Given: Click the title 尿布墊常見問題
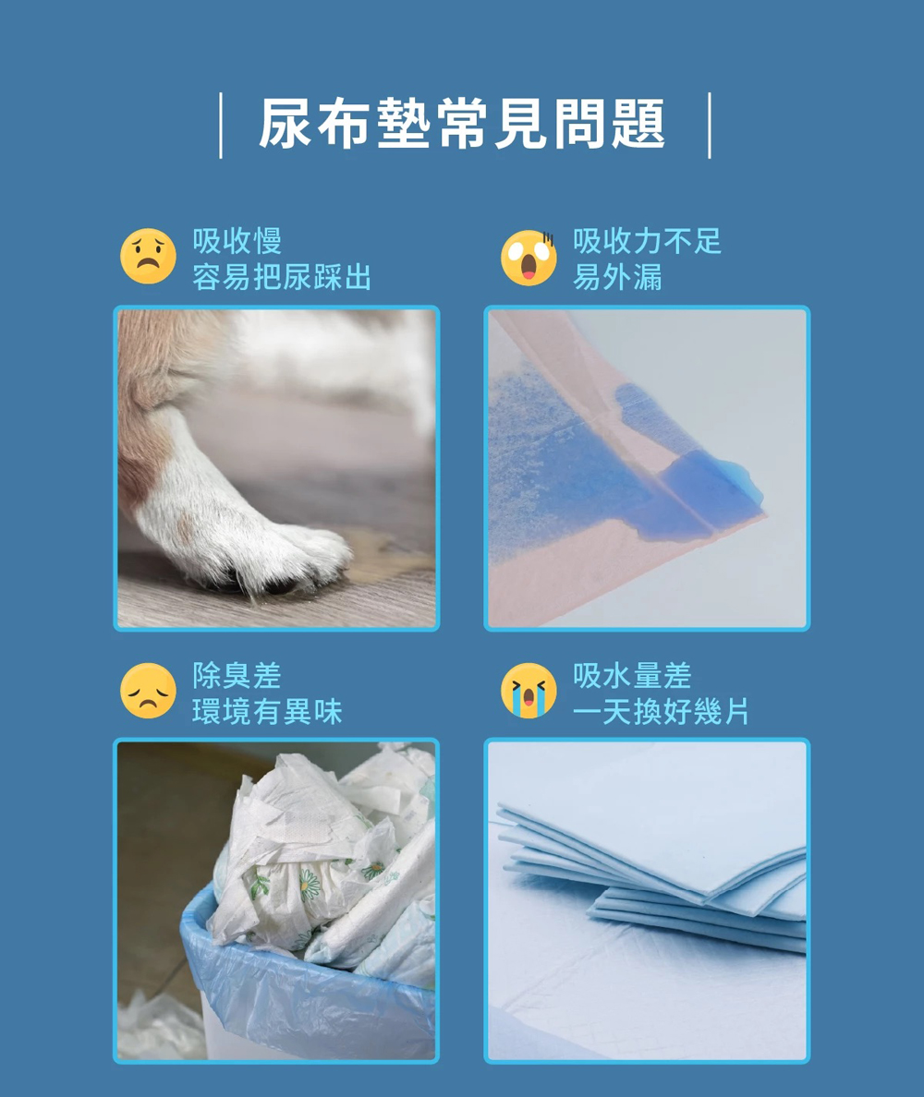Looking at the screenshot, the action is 462,125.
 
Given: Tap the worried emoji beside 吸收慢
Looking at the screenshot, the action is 149,256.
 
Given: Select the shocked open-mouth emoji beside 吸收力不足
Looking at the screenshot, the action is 529,258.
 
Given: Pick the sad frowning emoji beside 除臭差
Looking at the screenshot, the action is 149,692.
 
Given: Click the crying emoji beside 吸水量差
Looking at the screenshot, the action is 529,692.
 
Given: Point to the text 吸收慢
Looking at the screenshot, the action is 237,241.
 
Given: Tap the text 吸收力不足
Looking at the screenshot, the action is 648,241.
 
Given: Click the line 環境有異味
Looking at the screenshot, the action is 267,712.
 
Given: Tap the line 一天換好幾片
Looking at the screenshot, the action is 662,712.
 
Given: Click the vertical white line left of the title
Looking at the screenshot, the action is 221,126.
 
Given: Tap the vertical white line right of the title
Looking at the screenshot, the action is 709,126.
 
